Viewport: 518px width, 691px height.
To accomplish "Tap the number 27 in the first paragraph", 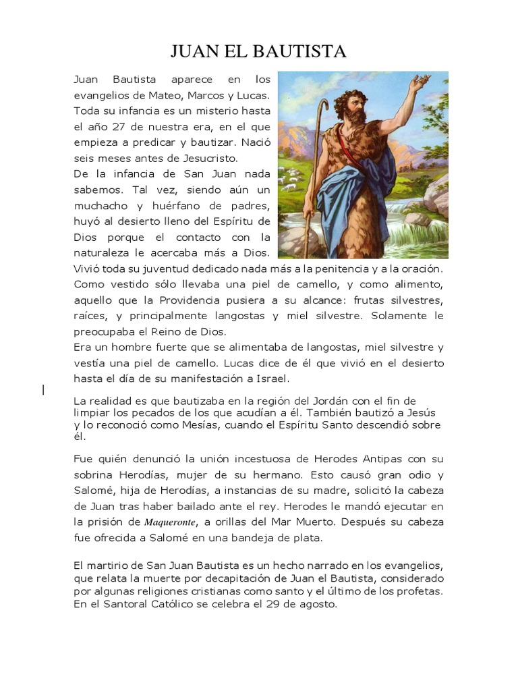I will [114, 126].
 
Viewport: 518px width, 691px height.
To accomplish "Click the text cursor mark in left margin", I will [44, 389].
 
